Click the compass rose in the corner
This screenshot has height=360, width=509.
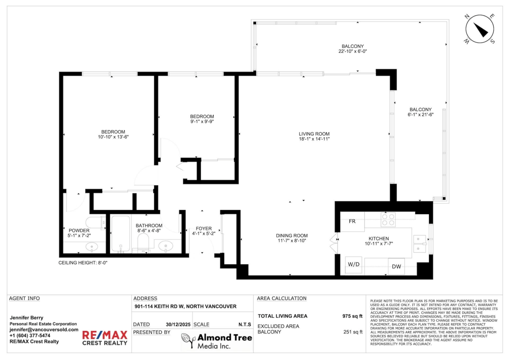(480, 29)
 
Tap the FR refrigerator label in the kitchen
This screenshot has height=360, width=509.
(352, 221)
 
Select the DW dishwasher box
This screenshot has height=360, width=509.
(396, 266)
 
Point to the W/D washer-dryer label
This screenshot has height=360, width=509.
(354, 264)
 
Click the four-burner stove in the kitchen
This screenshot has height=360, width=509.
(388, 220)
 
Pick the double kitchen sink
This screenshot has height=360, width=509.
(420, 244)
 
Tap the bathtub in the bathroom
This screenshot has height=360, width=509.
(120, 234)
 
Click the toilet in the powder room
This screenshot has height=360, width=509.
(95, 223)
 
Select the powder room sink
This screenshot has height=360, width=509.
(92, 247)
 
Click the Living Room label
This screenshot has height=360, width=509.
(314, 134)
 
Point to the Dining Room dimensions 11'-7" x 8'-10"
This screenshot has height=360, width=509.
(292, 241)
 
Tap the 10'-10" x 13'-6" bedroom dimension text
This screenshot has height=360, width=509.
(113, 137)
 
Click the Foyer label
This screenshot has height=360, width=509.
(204, 229)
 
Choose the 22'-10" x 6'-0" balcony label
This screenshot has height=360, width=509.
(352, 49)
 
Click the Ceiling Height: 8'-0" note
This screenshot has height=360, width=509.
(83, 263)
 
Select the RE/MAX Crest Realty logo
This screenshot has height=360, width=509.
(104, 338)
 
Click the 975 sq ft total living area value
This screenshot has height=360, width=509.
(352, 316)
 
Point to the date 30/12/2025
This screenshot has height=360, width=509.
(178, 324)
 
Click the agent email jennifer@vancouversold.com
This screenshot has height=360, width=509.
(44, 329)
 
